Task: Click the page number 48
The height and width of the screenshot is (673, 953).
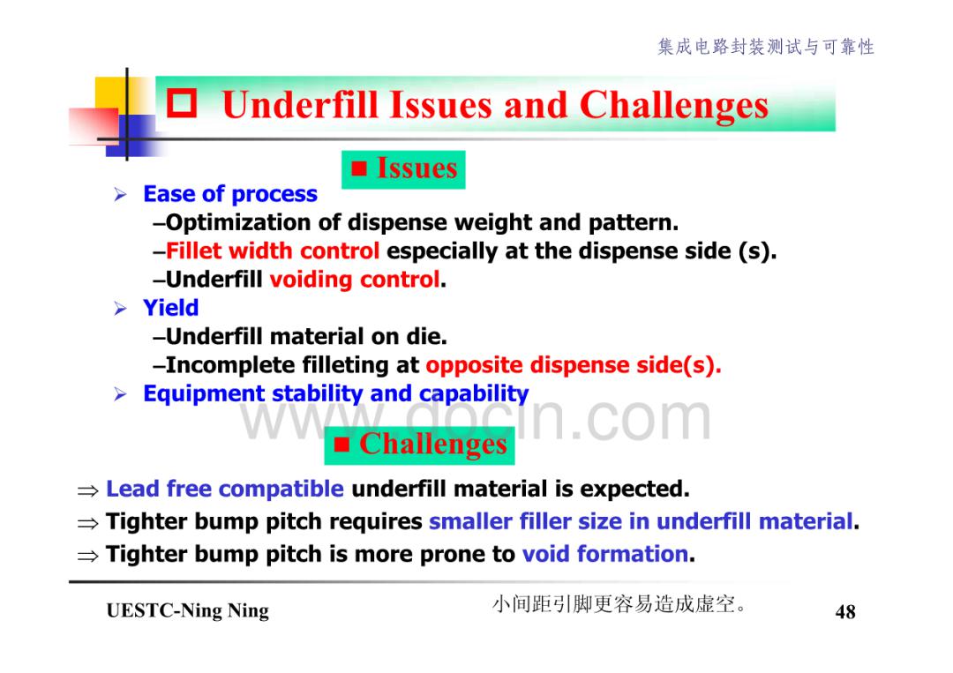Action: [845, 611]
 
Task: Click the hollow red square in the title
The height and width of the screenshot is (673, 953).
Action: [182, 103]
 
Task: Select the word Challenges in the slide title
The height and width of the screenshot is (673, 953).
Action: [674, 105]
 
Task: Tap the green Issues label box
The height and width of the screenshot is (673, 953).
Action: [403, 169]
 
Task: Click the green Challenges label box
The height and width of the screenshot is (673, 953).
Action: [419, 445]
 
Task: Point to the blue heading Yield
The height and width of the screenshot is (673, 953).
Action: [171, 308]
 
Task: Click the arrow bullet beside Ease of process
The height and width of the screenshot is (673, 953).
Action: [120, 194]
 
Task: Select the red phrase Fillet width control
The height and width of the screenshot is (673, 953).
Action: [273, 251]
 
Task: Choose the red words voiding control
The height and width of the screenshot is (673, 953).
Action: [355, 280]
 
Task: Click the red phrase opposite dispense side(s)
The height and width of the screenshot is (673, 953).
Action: [574, 365]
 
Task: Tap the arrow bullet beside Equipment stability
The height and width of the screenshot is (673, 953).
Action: [120, 394]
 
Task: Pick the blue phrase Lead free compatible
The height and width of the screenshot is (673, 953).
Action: [225, 489]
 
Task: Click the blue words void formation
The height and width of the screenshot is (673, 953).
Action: [604, 554]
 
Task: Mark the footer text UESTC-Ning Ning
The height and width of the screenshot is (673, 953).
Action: [187, 610]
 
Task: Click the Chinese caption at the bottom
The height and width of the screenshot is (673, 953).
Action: [619, 604]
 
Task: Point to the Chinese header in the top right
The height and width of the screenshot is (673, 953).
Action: [766, 47]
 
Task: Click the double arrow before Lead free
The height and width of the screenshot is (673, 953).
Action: [87, 490]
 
